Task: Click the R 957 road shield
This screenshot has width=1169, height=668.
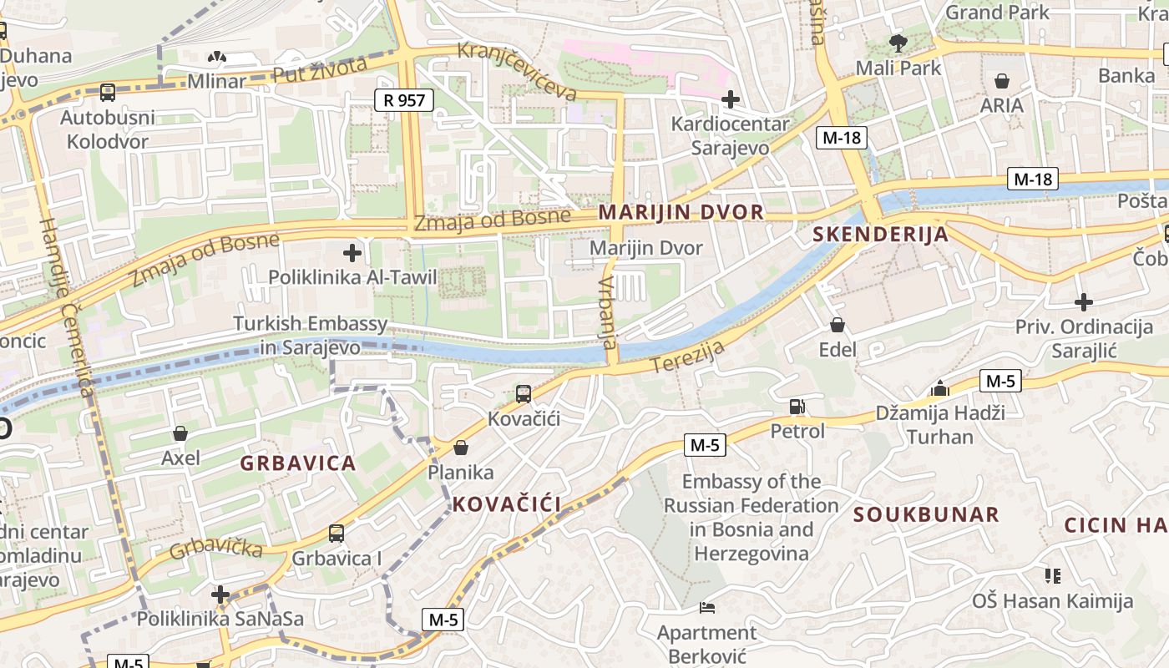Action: [404, 101]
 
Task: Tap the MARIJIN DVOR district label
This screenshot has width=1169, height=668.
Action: [681, 212]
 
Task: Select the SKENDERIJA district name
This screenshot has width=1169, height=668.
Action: [881, 235]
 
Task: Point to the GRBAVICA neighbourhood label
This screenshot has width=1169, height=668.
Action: [298, 463]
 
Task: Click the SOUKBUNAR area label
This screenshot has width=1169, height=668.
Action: [926, 514]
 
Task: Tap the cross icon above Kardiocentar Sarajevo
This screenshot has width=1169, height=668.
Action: [731, 100]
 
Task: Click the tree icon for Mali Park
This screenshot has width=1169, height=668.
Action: [898, 43]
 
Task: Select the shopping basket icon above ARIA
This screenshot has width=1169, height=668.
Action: [1002, 81]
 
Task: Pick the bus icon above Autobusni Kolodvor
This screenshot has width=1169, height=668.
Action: [107, 93]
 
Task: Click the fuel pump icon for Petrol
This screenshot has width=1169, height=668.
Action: [797, 407]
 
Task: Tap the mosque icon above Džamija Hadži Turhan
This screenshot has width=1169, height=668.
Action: [940, 388]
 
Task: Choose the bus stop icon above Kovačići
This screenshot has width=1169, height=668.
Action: [524, 393]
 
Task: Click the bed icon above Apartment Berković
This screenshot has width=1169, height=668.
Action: [707, 608]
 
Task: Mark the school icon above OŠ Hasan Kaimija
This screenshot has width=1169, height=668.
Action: [1052, 576]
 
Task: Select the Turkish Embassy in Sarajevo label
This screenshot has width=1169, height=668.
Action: [310, 335]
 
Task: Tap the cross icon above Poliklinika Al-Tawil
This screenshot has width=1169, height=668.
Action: [352, 252]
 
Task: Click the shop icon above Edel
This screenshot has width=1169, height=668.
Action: [838, 325]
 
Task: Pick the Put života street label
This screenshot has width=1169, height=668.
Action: [320, 71]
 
